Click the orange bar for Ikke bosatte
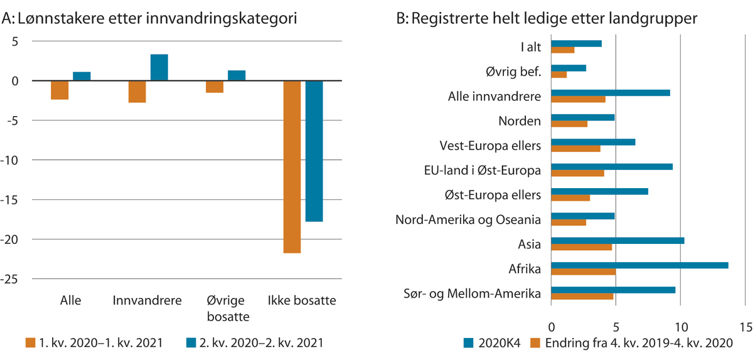coord(292,167)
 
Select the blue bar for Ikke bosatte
coord(314,151)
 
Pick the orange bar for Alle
coord(60,90)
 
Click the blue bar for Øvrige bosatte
coord(236,76)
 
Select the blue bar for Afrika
coord(639,265)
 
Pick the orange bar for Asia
coord(581,247)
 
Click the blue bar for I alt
coord(576,43)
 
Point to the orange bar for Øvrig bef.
coord(558,75)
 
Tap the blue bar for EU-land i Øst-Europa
coord(612,167)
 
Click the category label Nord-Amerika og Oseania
coord(468,220)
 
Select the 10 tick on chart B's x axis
coord(680,327)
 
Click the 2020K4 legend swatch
coord(469,342)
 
